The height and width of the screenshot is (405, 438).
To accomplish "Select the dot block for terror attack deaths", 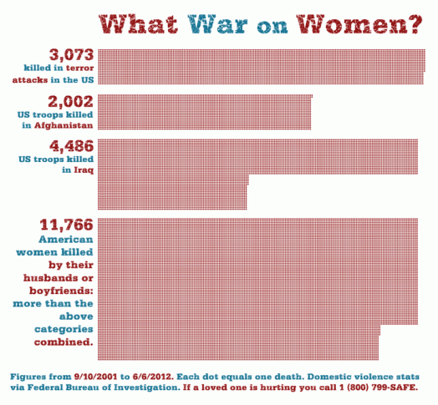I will pyautogui.click(x=261, y=67).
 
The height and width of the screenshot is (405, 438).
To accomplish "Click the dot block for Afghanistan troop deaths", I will pyautogui.click(x=205, y=111).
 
